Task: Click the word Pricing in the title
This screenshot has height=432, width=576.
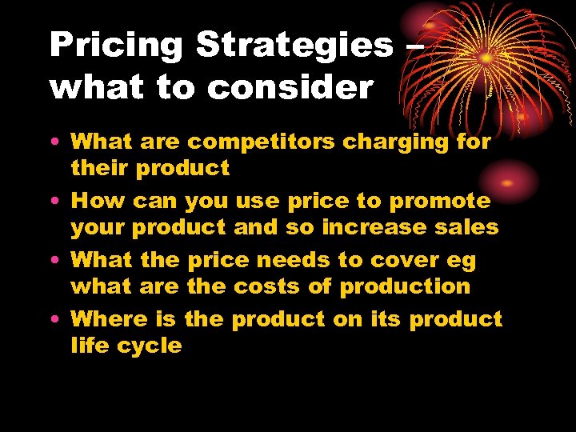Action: [x=116, y=46]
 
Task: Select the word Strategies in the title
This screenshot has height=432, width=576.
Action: [x=294, y=46]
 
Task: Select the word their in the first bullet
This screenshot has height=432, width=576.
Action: [x=99, y=168]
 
